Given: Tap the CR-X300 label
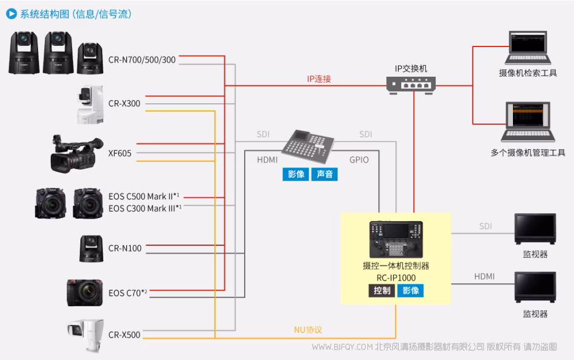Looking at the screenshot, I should (124, 103).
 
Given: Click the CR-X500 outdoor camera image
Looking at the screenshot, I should (86, 335).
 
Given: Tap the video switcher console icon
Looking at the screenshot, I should (308, 147).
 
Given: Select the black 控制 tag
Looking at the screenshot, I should (381, 291).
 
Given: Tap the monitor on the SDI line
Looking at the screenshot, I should (535, 229).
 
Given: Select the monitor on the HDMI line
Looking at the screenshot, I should (535, 288).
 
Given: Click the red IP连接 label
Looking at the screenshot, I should (319, 79).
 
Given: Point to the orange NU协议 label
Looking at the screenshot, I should (308, 330).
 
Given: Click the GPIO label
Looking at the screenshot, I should (359, 160).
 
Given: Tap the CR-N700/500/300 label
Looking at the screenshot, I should (142, 59).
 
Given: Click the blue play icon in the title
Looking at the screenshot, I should (10, 13).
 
